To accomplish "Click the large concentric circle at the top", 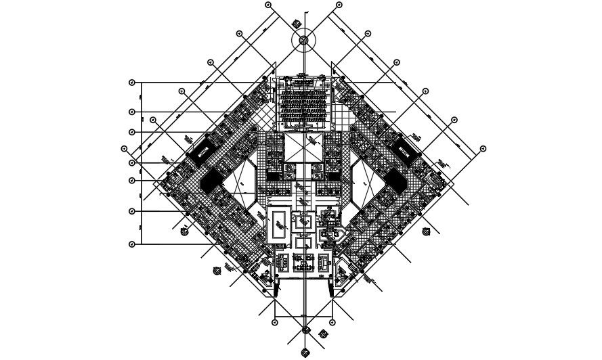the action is click(304, 40).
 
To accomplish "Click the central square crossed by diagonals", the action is click(304, 148).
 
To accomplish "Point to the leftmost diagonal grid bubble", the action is click(124, 149).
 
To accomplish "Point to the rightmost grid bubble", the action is click(483, 149).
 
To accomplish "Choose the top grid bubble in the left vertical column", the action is click(132, 83).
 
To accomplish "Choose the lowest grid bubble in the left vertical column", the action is click(132, 244).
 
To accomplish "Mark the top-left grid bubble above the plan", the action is click(268, 5).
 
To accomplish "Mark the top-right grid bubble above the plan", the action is click(339, 5).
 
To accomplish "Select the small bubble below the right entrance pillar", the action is click(335, 322).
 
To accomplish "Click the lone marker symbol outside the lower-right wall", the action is click(426, 231).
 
